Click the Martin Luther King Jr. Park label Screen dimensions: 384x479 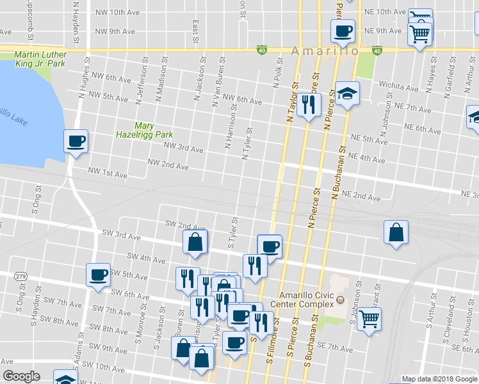(x=40, y=60)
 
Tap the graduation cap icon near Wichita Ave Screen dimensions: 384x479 (x=347, y=94)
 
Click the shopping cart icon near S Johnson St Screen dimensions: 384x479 (x=369, y=317)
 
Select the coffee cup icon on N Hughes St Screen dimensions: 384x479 (x=76, y=140)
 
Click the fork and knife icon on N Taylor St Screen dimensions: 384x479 (x=309, y=104)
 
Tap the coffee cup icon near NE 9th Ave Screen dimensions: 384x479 (x=343, y=30)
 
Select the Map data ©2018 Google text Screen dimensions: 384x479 (x=439, y=379)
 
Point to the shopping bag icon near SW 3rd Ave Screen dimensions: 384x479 (x=195, y=241)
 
